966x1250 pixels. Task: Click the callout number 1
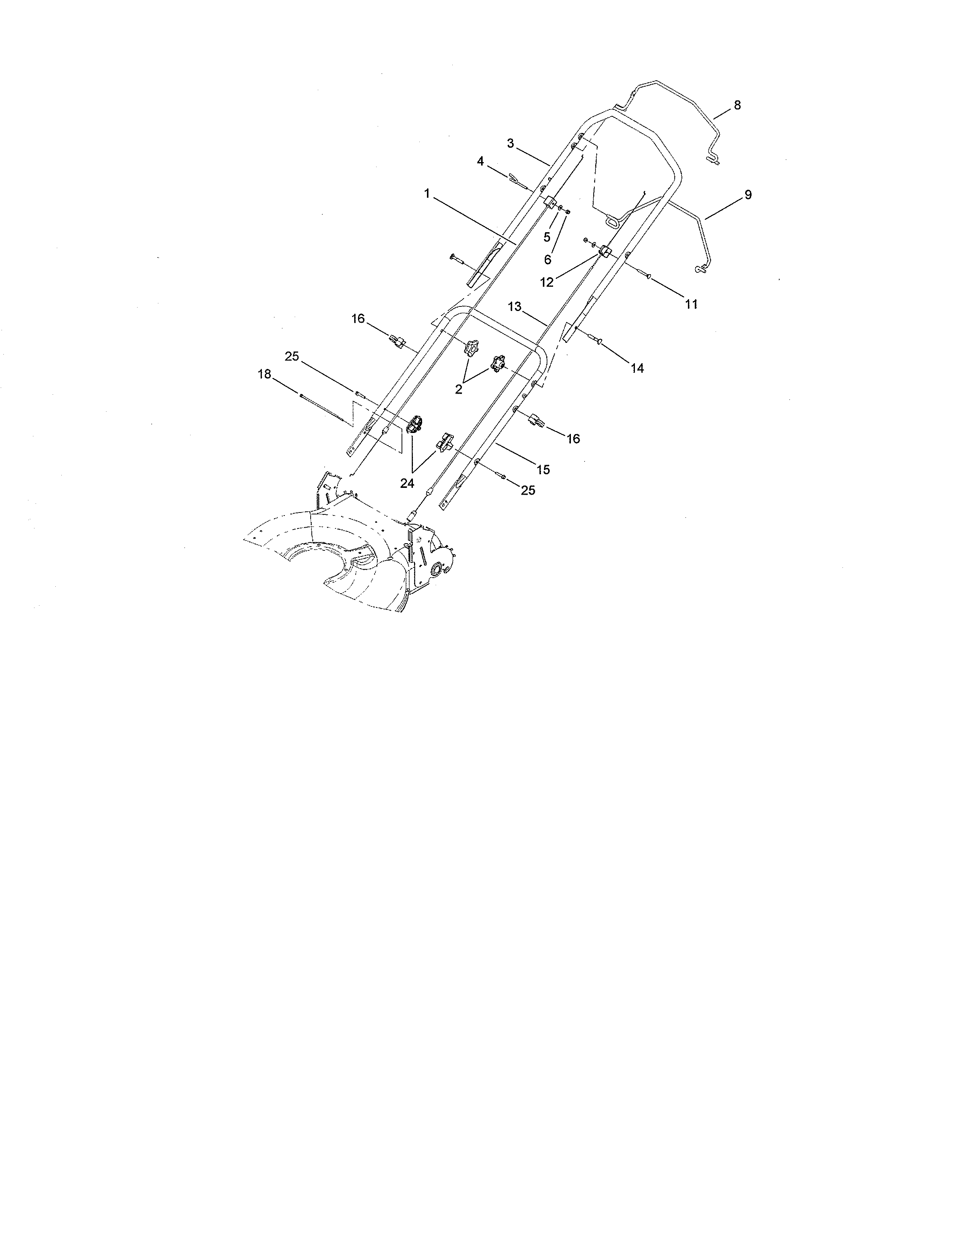pos(427,194)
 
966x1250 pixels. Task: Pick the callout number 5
pos(547,237)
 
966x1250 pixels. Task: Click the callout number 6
pos(548,260)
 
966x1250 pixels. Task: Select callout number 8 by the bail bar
pos(737,105)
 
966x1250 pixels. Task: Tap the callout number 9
pos(748,195)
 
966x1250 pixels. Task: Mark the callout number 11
pos(691,305)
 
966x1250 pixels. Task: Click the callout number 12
pos(547,282)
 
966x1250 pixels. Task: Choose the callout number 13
pos(514,307)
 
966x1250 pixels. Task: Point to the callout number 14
pos(637,369)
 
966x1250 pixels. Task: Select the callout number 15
pos(543,470)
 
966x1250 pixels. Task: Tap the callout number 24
pos(407,484)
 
